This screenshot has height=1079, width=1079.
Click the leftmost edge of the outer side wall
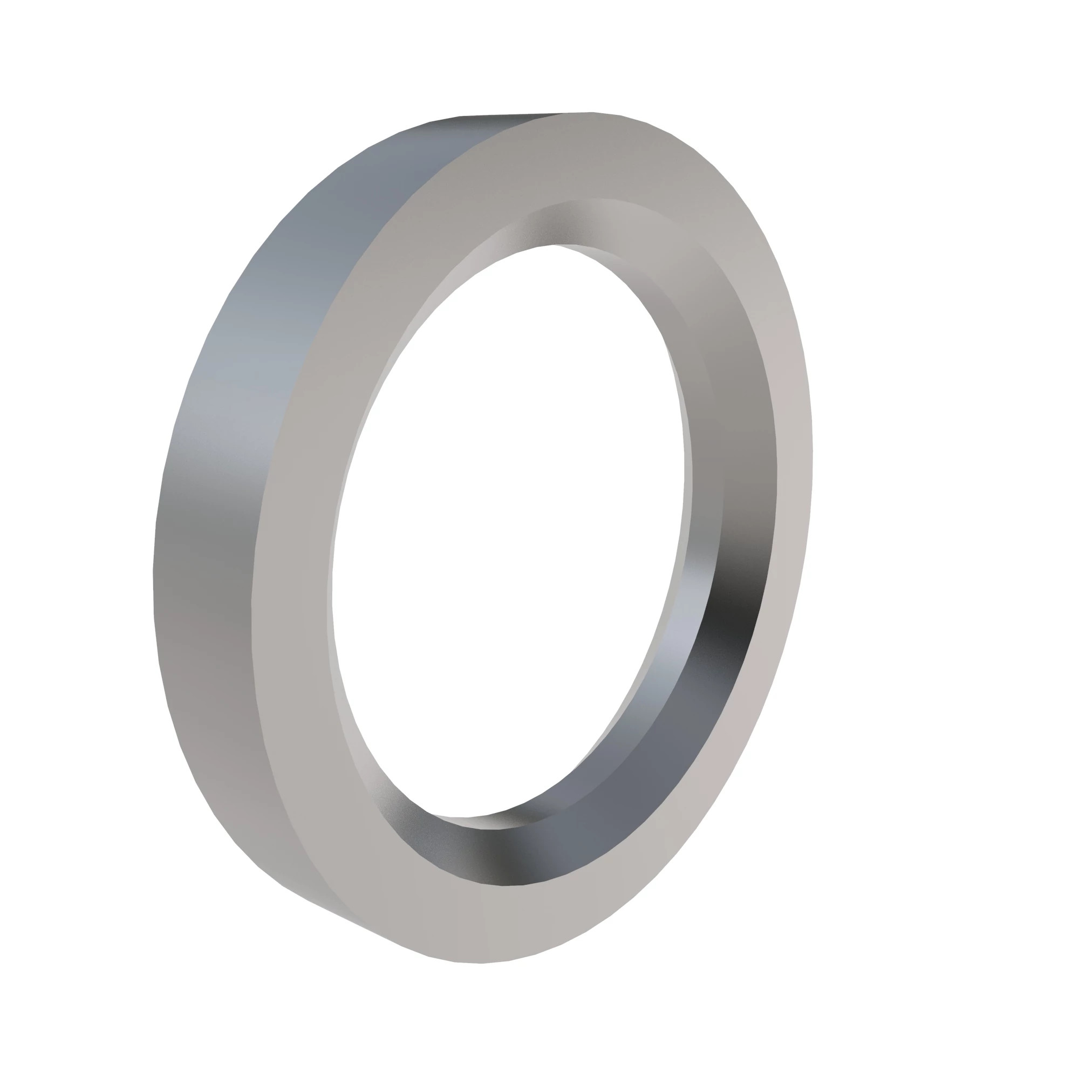tap(154, 575)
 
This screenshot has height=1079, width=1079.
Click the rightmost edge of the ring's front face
tap(812, 458)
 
